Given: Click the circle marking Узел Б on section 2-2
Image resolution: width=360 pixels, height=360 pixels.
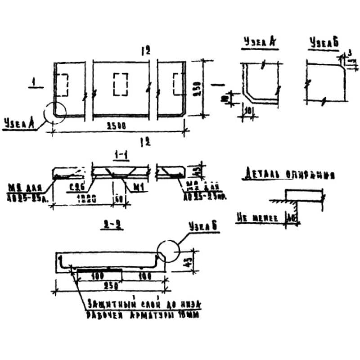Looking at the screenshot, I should [x=168, y=250].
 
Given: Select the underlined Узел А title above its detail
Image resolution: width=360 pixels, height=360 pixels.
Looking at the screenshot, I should [x=259, y=42].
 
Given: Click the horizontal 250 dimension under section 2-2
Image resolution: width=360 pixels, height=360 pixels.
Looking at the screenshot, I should [x=108, y=283].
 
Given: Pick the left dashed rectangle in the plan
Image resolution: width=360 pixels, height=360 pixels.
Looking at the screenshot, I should [x=63, y=84].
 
